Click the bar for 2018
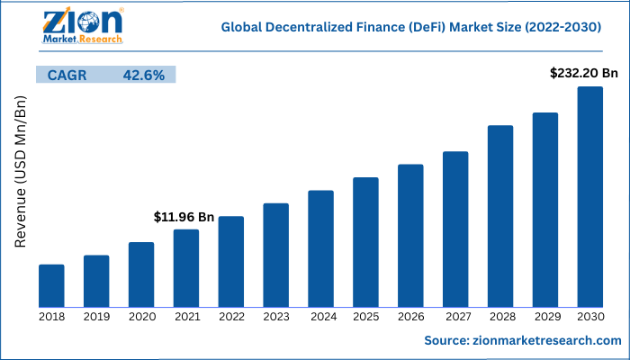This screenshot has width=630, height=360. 51,285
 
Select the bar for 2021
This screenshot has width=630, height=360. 186,268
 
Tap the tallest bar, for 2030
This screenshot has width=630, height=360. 590,196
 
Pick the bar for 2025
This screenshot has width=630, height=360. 365,242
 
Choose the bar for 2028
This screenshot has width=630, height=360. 500,216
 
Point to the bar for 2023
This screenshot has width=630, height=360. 275,255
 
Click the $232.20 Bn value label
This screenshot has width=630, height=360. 584,72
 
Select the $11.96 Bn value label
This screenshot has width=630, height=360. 184,217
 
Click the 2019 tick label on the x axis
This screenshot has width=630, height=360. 96,316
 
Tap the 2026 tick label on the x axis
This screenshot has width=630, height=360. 410,316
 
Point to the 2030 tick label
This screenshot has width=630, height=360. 590,316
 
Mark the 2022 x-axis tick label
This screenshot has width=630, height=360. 231,316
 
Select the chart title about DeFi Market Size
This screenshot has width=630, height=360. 411,29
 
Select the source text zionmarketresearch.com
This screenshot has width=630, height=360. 523,340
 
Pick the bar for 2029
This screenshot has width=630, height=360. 545,210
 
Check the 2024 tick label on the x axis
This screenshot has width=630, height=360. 320,316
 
